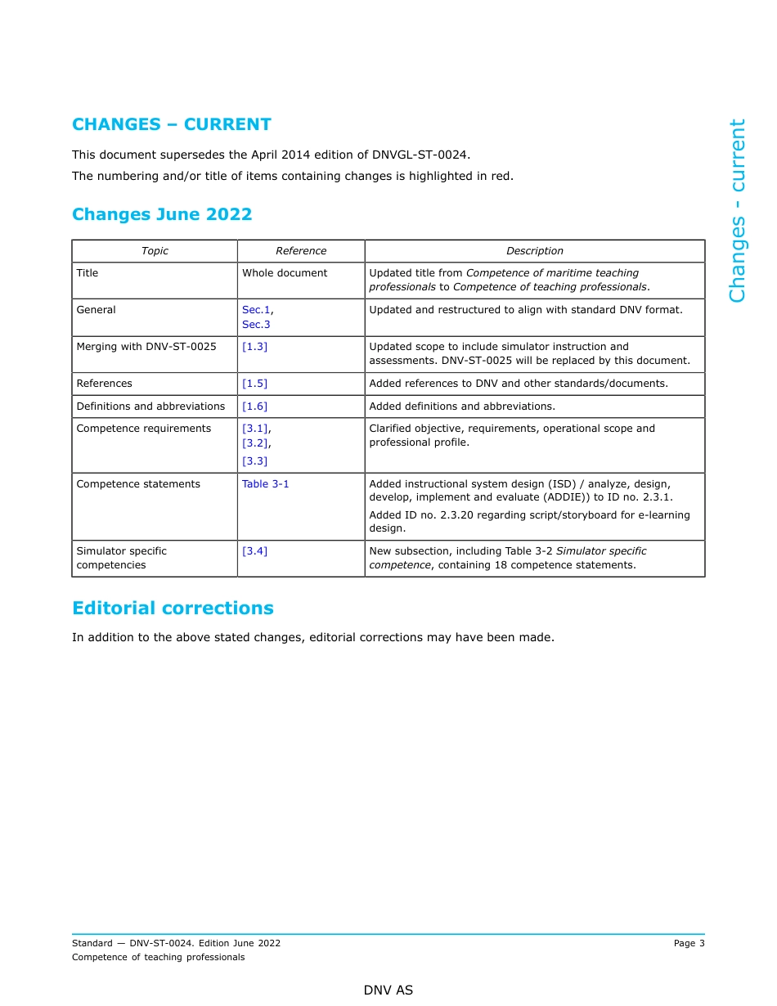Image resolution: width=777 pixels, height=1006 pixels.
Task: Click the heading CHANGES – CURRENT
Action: pos(171,124)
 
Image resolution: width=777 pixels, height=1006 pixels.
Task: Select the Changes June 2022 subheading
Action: pos(162,214)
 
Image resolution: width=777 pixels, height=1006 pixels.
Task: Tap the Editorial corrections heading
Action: pos(173,609)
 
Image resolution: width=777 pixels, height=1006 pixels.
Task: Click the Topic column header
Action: pos(155,251)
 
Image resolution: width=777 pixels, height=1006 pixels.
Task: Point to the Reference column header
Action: pos(300,251)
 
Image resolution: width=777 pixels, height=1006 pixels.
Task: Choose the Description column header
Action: pos(534,251)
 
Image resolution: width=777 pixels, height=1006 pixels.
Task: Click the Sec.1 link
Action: pos(256,310)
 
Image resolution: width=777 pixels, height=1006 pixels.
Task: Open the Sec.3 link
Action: pos(256,325)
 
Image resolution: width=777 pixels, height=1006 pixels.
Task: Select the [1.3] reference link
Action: pos(254,347)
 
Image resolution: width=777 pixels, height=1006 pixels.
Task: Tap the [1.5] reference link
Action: pos(254,384)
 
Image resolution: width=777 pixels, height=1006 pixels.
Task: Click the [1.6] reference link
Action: pos(254,406)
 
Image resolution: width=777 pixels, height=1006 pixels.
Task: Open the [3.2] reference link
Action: pos(255,443)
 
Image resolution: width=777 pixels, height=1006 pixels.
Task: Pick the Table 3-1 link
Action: pos(265,484)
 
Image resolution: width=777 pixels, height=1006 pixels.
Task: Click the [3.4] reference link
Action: pos(254,551)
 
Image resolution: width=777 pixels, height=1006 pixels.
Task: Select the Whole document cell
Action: pos(284,273)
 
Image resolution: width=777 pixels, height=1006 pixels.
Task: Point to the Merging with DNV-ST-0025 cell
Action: pos(146,347)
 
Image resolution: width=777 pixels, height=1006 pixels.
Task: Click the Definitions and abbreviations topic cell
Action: pos(150,406)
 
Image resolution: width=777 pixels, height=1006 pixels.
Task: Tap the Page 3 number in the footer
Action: pos(689,943)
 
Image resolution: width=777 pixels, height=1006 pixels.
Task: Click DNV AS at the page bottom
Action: pos(388,990)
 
